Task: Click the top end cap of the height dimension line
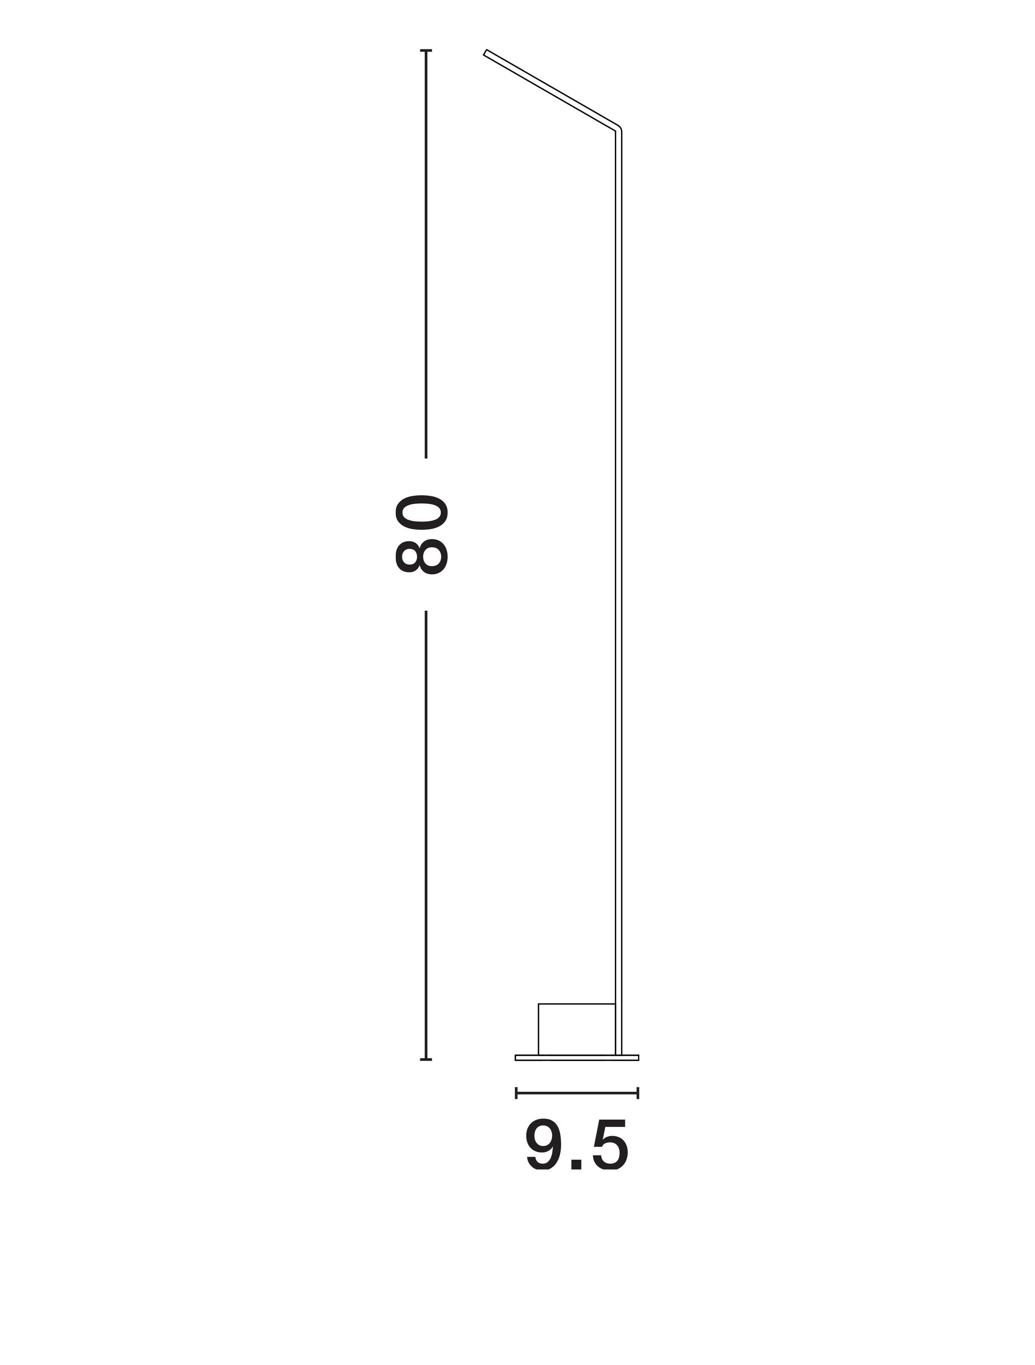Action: tap(426, 51)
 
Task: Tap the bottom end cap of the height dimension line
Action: tap(426, 1060)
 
